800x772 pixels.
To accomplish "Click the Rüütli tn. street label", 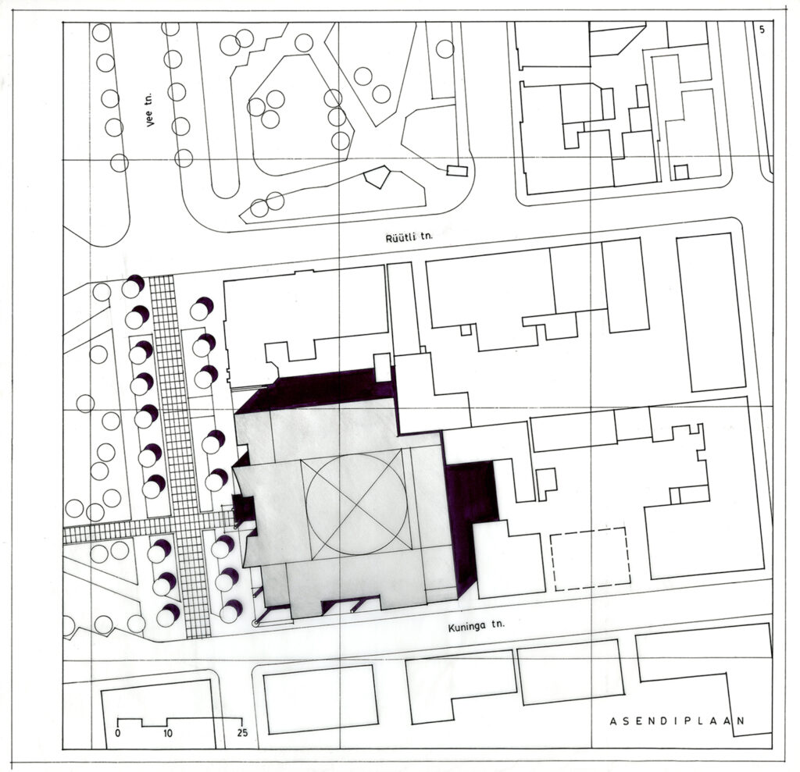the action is tap(409, 237).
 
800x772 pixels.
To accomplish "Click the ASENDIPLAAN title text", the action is tap(677, 721).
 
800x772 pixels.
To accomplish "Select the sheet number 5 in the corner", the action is tap(762, 30).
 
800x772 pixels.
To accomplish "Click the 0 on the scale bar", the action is tap(118, 733).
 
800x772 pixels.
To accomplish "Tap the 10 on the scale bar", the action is tap(168, 733).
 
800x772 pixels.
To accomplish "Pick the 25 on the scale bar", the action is tap(242, 732).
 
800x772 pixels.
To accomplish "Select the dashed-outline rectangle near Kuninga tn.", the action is tap(591, 560).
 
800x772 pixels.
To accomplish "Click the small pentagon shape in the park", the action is tap(377, 177).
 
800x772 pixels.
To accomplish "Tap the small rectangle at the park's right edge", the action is tap(457, 171).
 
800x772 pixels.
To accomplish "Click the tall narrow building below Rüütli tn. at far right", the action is tap(711, 312).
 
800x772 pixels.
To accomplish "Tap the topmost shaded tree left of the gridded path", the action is tap(133, 286).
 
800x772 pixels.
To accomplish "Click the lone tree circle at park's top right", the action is tap(445, 49).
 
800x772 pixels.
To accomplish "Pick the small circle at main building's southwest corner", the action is tap(256, 623).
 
